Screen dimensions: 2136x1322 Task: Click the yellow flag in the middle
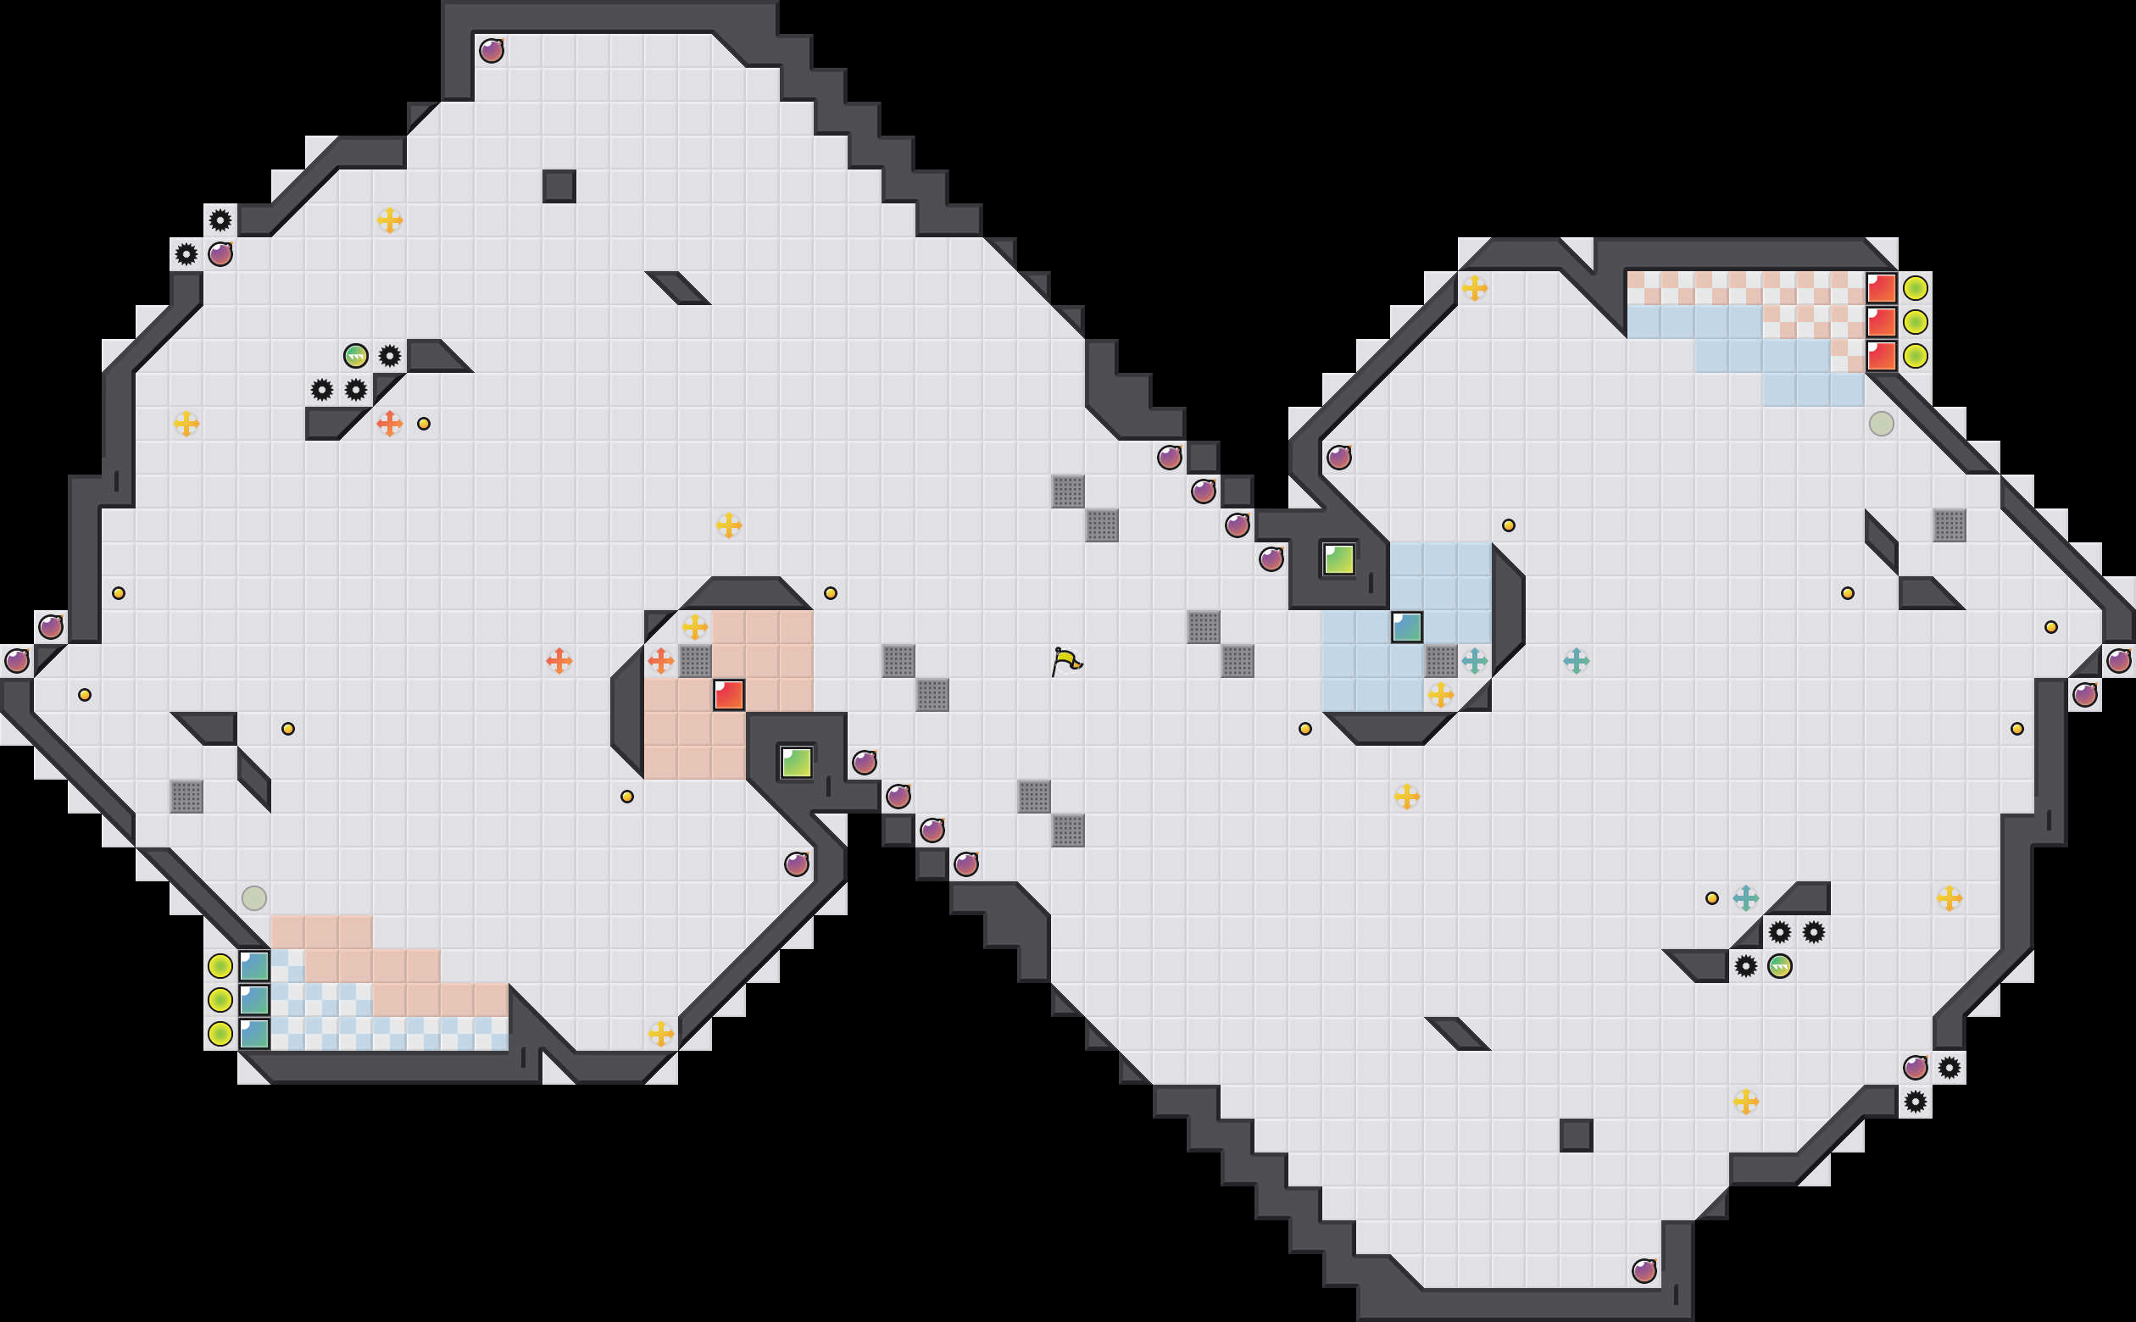[x=1065, y=661]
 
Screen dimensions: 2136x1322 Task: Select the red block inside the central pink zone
[x=728, y=695]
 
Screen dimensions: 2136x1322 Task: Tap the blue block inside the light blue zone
[x=1407, y=627]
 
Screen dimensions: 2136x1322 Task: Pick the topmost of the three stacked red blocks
[x=1882, y=287]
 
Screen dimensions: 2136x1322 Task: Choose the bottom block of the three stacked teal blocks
[x=254, y=1034]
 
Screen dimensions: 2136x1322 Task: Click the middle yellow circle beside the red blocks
[x=1916, y=322]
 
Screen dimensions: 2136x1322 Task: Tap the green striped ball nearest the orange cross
[x=356, y=356]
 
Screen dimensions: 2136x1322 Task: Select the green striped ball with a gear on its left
[x=1780, y=966]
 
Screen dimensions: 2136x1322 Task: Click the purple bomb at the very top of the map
[x=492, y=51]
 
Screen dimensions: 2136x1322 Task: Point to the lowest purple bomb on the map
[x=1644, y=1270]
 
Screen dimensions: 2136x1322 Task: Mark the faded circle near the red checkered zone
[x=1882, y=424]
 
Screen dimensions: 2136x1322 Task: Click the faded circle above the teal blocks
[x=254, y=898]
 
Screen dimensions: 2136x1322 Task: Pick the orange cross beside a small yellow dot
[x=389, y=424]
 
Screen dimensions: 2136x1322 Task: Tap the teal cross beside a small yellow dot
[x=1746, y=898]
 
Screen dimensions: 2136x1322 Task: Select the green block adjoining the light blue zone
[x=1338, y=558]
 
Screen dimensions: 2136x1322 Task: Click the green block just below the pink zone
[x=796, y=763]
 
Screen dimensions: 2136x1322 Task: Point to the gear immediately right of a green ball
[x=390, y=356]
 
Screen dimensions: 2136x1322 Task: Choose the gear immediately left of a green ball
[x=1746, y=966]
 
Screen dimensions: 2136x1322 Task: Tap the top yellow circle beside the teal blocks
[x=220, y=966]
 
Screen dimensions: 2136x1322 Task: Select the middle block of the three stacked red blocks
[x=1882, y=322]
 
